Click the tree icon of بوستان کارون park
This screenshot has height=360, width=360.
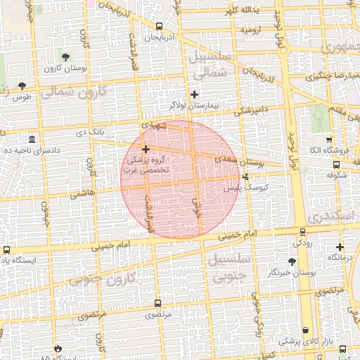point(65,56)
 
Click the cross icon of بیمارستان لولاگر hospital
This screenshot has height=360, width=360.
point(195,94)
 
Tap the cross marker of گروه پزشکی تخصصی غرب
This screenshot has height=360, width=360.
point(146,149)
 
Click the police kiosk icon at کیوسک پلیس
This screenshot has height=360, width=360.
point(245,176)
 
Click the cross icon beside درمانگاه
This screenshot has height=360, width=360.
point(340,247)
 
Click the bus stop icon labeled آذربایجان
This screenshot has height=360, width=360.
point(159,26)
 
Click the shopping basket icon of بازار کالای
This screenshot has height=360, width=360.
point(305,330)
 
